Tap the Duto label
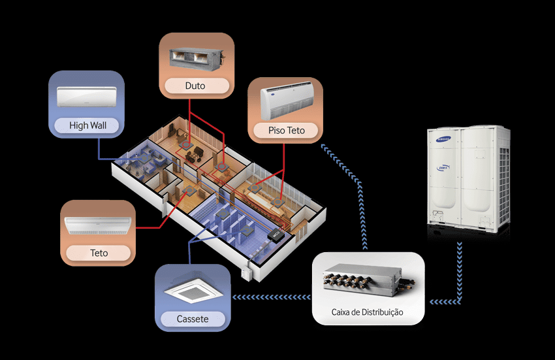click(x=195, y=86)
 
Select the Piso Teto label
click(x=286, y=131)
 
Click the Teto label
click(x=99, y=252)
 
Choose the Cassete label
click(x=193, y=319)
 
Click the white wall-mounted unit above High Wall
click(x=86, y=97)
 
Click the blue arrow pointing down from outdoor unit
click(x=461, y=274)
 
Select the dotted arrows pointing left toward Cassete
click(x=271, y=297)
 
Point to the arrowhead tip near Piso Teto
click(x=323, y=146)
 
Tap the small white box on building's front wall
click(x=246, y=270)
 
